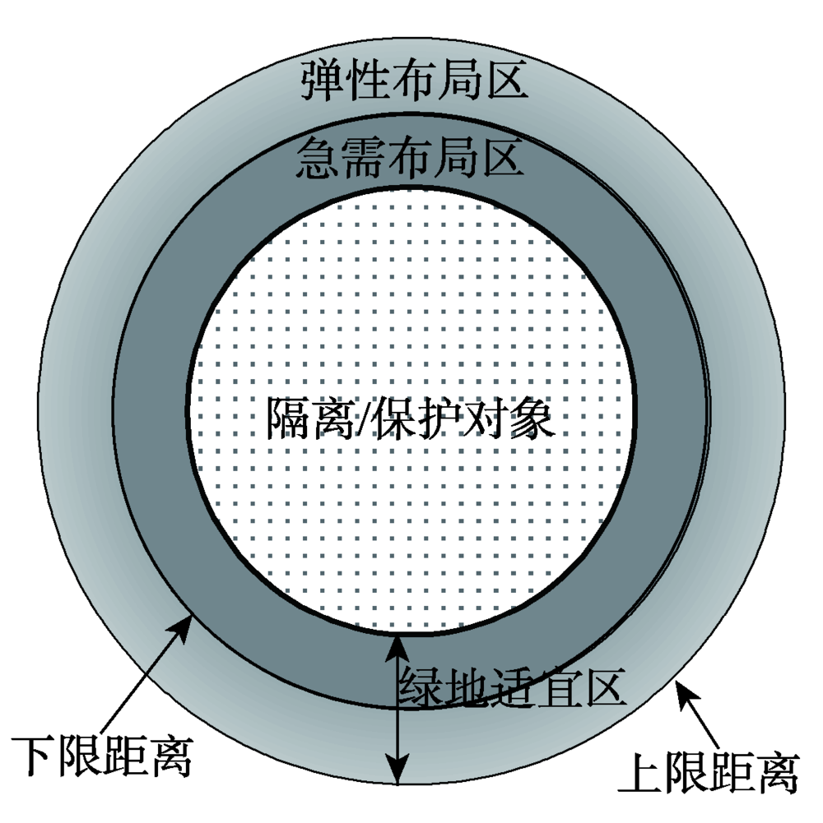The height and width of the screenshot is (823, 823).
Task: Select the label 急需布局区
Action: (x=409, y=155)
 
